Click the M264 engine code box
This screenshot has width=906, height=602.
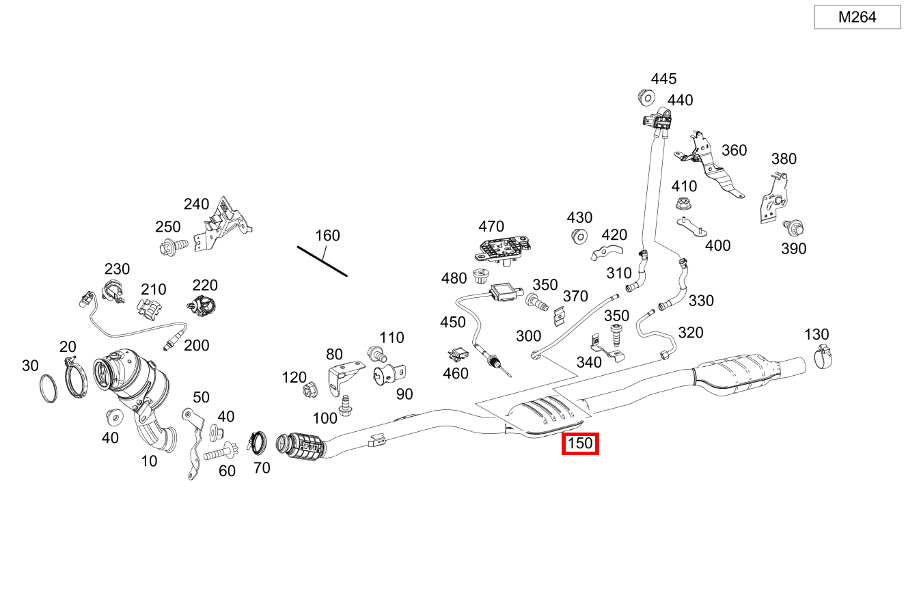(857, 17)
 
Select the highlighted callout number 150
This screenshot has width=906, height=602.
(580, 443)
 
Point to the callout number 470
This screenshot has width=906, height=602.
(491, 226)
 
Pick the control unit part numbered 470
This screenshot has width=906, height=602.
(504, 249)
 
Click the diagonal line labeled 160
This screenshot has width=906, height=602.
(322, 261)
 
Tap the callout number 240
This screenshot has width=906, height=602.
(196, 204)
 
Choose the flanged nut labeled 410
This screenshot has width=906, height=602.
(681, 203)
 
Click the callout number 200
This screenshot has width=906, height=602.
(197, 345)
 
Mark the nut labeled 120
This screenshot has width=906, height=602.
(310, 391)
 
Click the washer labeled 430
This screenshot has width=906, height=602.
(578, 236)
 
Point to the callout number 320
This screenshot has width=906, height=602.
(690, 332)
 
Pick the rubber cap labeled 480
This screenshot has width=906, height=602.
(479, 278)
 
